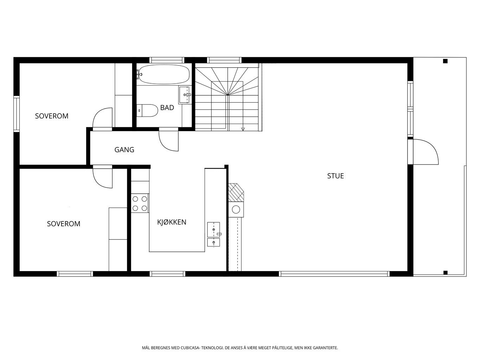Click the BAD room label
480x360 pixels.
pyautogui.click(x=167, y=108)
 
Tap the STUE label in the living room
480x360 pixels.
pyautogui.click(x=335, y=176)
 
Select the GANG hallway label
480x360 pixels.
pyautogui.click(x=124, y=150)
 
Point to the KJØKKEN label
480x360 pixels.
pyautogui.click(x=172, y=222)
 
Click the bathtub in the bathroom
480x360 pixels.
pyautogui.click(x=164, y=74)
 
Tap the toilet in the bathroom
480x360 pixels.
pyautogui.click(x=147, y=110)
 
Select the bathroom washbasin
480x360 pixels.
pyautogui.click(x=185, y=95)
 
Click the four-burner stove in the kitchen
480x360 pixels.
pyautogui.click(x=140, y=203)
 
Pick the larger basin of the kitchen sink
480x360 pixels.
pyautogui.click(x=214, y=230)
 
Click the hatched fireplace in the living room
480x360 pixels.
pyautogui.click(x=236, y=192)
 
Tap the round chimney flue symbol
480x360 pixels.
pyautogui.click(x=236, y=210)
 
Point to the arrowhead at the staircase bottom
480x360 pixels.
pyautogui.click(x=243, y=129)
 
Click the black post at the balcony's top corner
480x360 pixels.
pyautogui.click(x=445, y=61)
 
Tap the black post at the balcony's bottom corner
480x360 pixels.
pyautogui.click(x=445, y=272)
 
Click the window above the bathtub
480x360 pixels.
pyautogui.click(x=167, y=60)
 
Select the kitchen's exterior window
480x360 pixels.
pyautogui.click(x=167, y=274)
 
